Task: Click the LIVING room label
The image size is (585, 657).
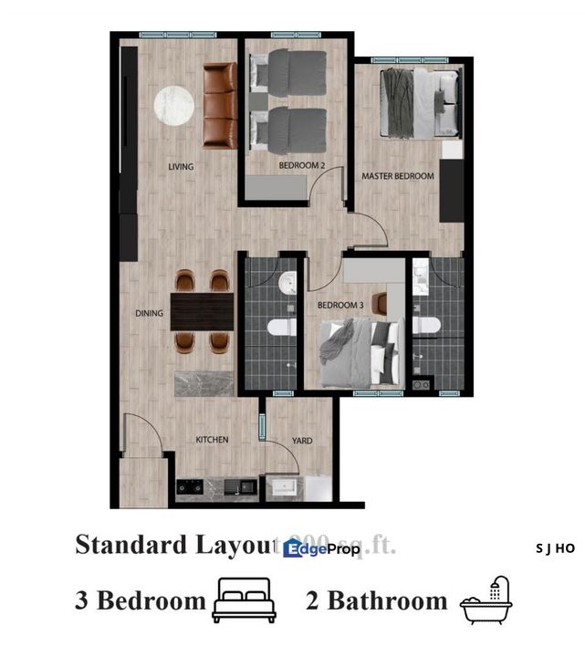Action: click(x=181, y=167)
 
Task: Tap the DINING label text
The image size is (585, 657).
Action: click(x=149, y=313)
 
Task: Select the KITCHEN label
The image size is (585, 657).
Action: click(x=212, y=440)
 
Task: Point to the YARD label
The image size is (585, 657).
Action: click(x=301, y=441)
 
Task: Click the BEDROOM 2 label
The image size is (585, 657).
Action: click(x=301, y=166)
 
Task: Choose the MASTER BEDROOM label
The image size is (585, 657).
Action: click(x=398, y=176)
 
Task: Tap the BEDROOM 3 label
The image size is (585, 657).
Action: click(x=340, y=305)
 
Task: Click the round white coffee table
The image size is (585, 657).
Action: click(x=172, y=105)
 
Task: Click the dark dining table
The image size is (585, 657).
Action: click(x=202, y=311)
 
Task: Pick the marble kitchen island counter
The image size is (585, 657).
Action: click(x=204, y=383)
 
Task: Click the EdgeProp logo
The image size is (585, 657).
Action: click(x=322, y=547)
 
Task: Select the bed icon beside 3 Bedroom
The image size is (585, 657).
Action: click(x=244, y=600)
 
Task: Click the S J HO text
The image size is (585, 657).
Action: click(x=555, y=548)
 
